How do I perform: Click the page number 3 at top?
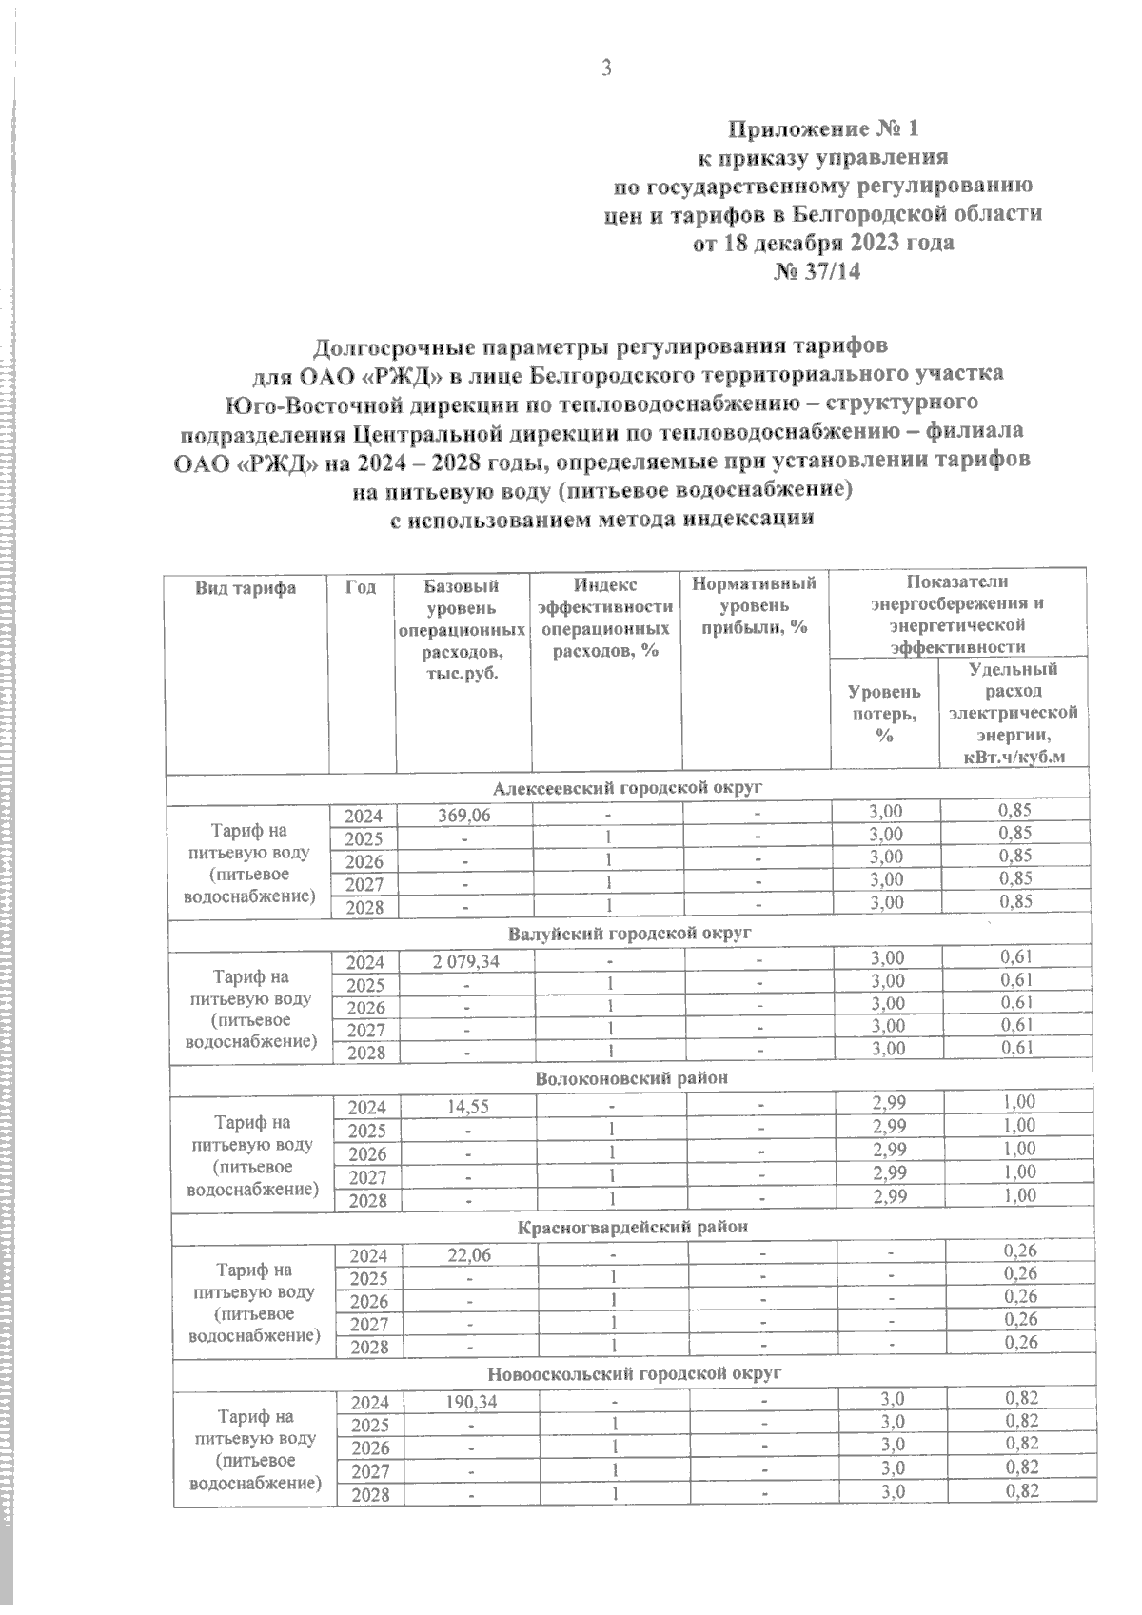tap(605, 68)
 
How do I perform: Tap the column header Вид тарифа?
tap(246, 588)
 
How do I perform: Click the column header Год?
tap(362, 588)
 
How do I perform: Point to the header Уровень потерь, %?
tap(884, 712)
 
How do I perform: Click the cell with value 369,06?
tap(463, 815)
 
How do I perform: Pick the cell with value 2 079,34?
tap(465, 961)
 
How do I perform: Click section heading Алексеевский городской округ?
tap(628, 788)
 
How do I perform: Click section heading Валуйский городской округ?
tap(629, 934)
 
